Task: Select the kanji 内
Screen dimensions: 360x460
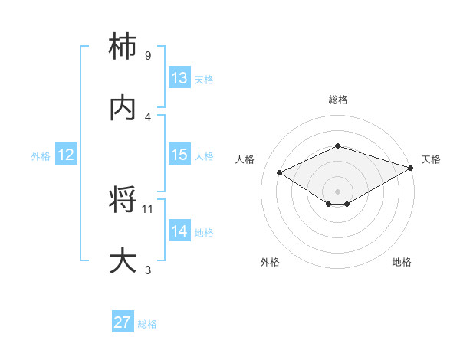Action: click(124, 109)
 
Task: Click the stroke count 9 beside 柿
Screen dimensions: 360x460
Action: click(147, 56)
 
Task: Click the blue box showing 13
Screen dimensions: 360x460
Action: click(179, 78)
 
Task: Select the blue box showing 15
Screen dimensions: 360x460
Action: click(179, 155)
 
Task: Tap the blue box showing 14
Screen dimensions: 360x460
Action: click(179, 231)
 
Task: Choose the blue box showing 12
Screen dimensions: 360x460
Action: click(66, 155)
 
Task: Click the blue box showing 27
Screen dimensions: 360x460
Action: click(123, 322)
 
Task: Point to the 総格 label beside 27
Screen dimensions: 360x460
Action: click(147, 324)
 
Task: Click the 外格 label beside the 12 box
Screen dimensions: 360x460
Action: click(41, 156)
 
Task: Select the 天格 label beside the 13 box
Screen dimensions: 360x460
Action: click(203, 80)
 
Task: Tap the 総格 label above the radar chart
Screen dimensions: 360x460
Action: click(337, 100)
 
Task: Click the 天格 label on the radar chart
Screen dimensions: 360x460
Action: click(431, 159)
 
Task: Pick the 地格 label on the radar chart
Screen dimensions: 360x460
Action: click(402, 262)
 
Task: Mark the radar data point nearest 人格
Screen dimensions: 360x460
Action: click(280, 172)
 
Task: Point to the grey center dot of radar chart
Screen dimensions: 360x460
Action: click(337, 191)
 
